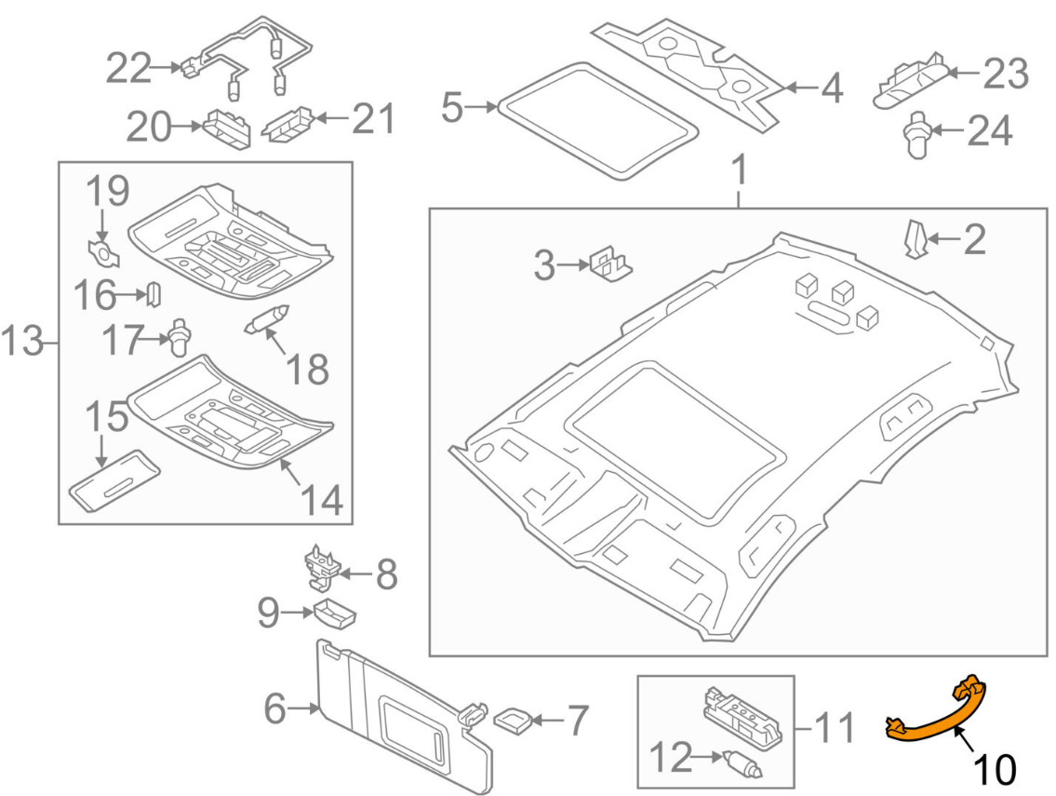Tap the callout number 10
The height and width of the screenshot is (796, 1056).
click(994, 769)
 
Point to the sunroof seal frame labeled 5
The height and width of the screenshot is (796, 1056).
click(597, 121)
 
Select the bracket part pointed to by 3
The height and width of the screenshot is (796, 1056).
click(610, 263)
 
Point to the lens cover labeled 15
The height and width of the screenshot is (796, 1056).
click(114, 480)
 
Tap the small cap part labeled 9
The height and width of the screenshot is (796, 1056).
click(335, 613)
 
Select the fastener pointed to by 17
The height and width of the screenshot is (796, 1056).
click(180, 336)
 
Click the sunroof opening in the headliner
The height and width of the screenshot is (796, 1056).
click(675, 438)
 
